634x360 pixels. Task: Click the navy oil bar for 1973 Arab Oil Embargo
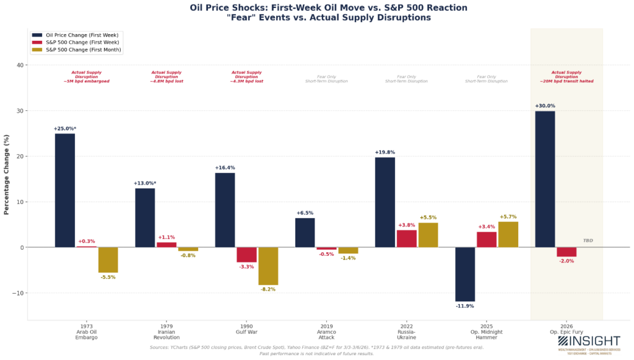click(x=64, y=190)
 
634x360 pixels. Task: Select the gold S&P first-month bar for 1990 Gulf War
click(x=268, y=266)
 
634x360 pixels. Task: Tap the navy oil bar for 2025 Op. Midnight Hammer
click(x=465, y=274)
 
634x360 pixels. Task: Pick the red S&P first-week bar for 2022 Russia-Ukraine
click(x=406, y=239)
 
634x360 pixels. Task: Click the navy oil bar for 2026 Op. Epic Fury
click(x=544, y=179)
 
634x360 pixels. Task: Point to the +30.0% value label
click(x=544, y=106)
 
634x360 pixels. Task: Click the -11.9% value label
click(x=465, y=306)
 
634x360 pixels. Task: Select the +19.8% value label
click(x=384, y=152)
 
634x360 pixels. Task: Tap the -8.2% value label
click(x=269, y=289)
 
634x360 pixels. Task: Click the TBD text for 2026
click(x=588, y=240)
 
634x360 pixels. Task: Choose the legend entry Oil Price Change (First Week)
click(x=80, y=35)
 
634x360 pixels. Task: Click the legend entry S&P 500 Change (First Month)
click(x=80, y=50)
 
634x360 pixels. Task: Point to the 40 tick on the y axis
click(x=20, y=65)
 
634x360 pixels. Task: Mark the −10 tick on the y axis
click(x=18, y=293)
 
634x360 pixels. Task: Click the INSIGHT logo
click(x=588, y=342)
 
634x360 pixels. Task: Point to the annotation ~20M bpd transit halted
click(x=566, y=81)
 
